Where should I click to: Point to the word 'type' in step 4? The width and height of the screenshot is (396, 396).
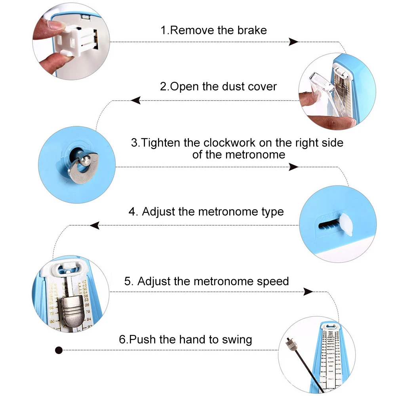[x=272, y=211]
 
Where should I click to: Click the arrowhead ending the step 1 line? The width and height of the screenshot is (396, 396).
[x=293, y=42]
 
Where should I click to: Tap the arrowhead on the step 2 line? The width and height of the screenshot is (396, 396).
[x=136, y=101]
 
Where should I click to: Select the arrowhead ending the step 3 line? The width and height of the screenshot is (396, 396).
[x=293, y=167]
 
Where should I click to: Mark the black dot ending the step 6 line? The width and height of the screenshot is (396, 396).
[x=59, y=350]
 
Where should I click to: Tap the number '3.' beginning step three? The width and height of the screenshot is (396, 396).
[x=135, y=143]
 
